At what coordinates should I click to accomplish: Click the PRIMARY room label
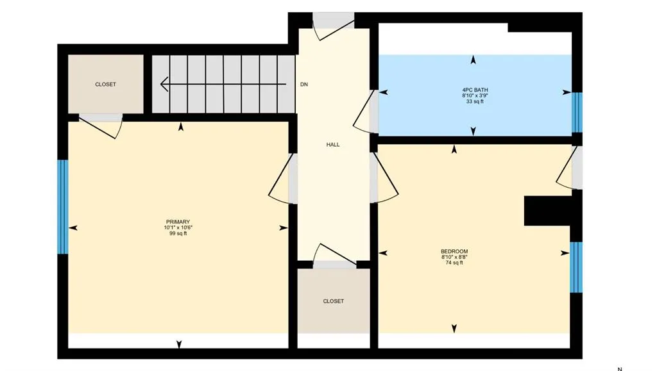click(178, 222)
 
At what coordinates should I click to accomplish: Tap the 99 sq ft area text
click(178, 233)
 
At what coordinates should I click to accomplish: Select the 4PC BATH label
click(475, 90)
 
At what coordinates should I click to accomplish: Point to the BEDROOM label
click(454, 251)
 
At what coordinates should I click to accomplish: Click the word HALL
click(333, 145)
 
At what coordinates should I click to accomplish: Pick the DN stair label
click(304, 85)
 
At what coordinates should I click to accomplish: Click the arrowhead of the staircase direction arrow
click(164, 84)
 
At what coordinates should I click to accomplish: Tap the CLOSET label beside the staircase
click(106, 85)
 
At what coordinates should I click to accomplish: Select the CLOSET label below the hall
click(334, 301)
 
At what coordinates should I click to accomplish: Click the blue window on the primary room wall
click(62, 207)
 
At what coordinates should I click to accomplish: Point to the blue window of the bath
click(577, 113)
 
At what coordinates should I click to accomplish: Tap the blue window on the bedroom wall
click(576, 267)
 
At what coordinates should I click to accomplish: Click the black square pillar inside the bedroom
click(547, 211)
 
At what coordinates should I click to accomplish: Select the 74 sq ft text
click(454, 263)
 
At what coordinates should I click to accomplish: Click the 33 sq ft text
click(475, 101)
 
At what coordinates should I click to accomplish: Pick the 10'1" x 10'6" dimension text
click(178, 227)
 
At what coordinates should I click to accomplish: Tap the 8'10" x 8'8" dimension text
click(454, 257)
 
